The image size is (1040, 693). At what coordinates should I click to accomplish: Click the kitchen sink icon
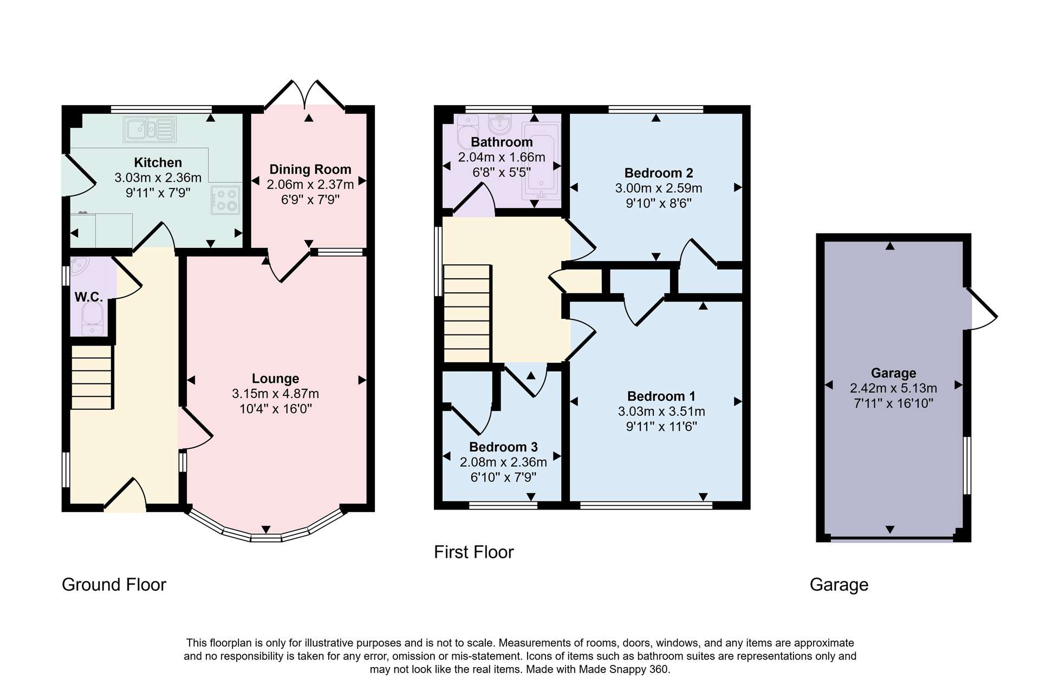(x=150, y=129)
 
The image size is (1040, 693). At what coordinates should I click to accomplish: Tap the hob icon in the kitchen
(x=226, y=200)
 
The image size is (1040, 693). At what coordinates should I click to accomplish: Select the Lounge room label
(x=275, y=378)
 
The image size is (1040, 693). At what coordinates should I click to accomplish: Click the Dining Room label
(x=310, y=169)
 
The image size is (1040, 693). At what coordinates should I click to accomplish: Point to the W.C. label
(x=88, y=297)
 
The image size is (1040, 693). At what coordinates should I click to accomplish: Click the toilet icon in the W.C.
(x=93, y=318)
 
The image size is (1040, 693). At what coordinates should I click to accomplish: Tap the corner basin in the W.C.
(x=79, y=265)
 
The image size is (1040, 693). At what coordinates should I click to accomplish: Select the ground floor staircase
(x=92, y=377)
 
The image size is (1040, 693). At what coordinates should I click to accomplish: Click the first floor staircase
(x=467, y=313)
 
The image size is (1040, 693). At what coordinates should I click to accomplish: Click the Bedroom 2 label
(x=659, y=173)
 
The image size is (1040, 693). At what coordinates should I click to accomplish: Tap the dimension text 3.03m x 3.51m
(x=661, y=411)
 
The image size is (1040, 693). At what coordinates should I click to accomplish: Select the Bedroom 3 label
(x=503, y=447)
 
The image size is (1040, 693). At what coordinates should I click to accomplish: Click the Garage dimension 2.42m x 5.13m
(x=893, y=388)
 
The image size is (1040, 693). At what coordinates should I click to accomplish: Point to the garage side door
(x=981, y=309)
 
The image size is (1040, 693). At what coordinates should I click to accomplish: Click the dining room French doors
(x=305, y=96)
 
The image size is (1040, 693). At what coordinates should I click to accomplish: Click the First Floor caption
(x=474, y=552)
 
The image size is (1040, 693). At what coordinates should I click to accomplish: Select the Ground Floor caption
(x=114, y=585)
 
